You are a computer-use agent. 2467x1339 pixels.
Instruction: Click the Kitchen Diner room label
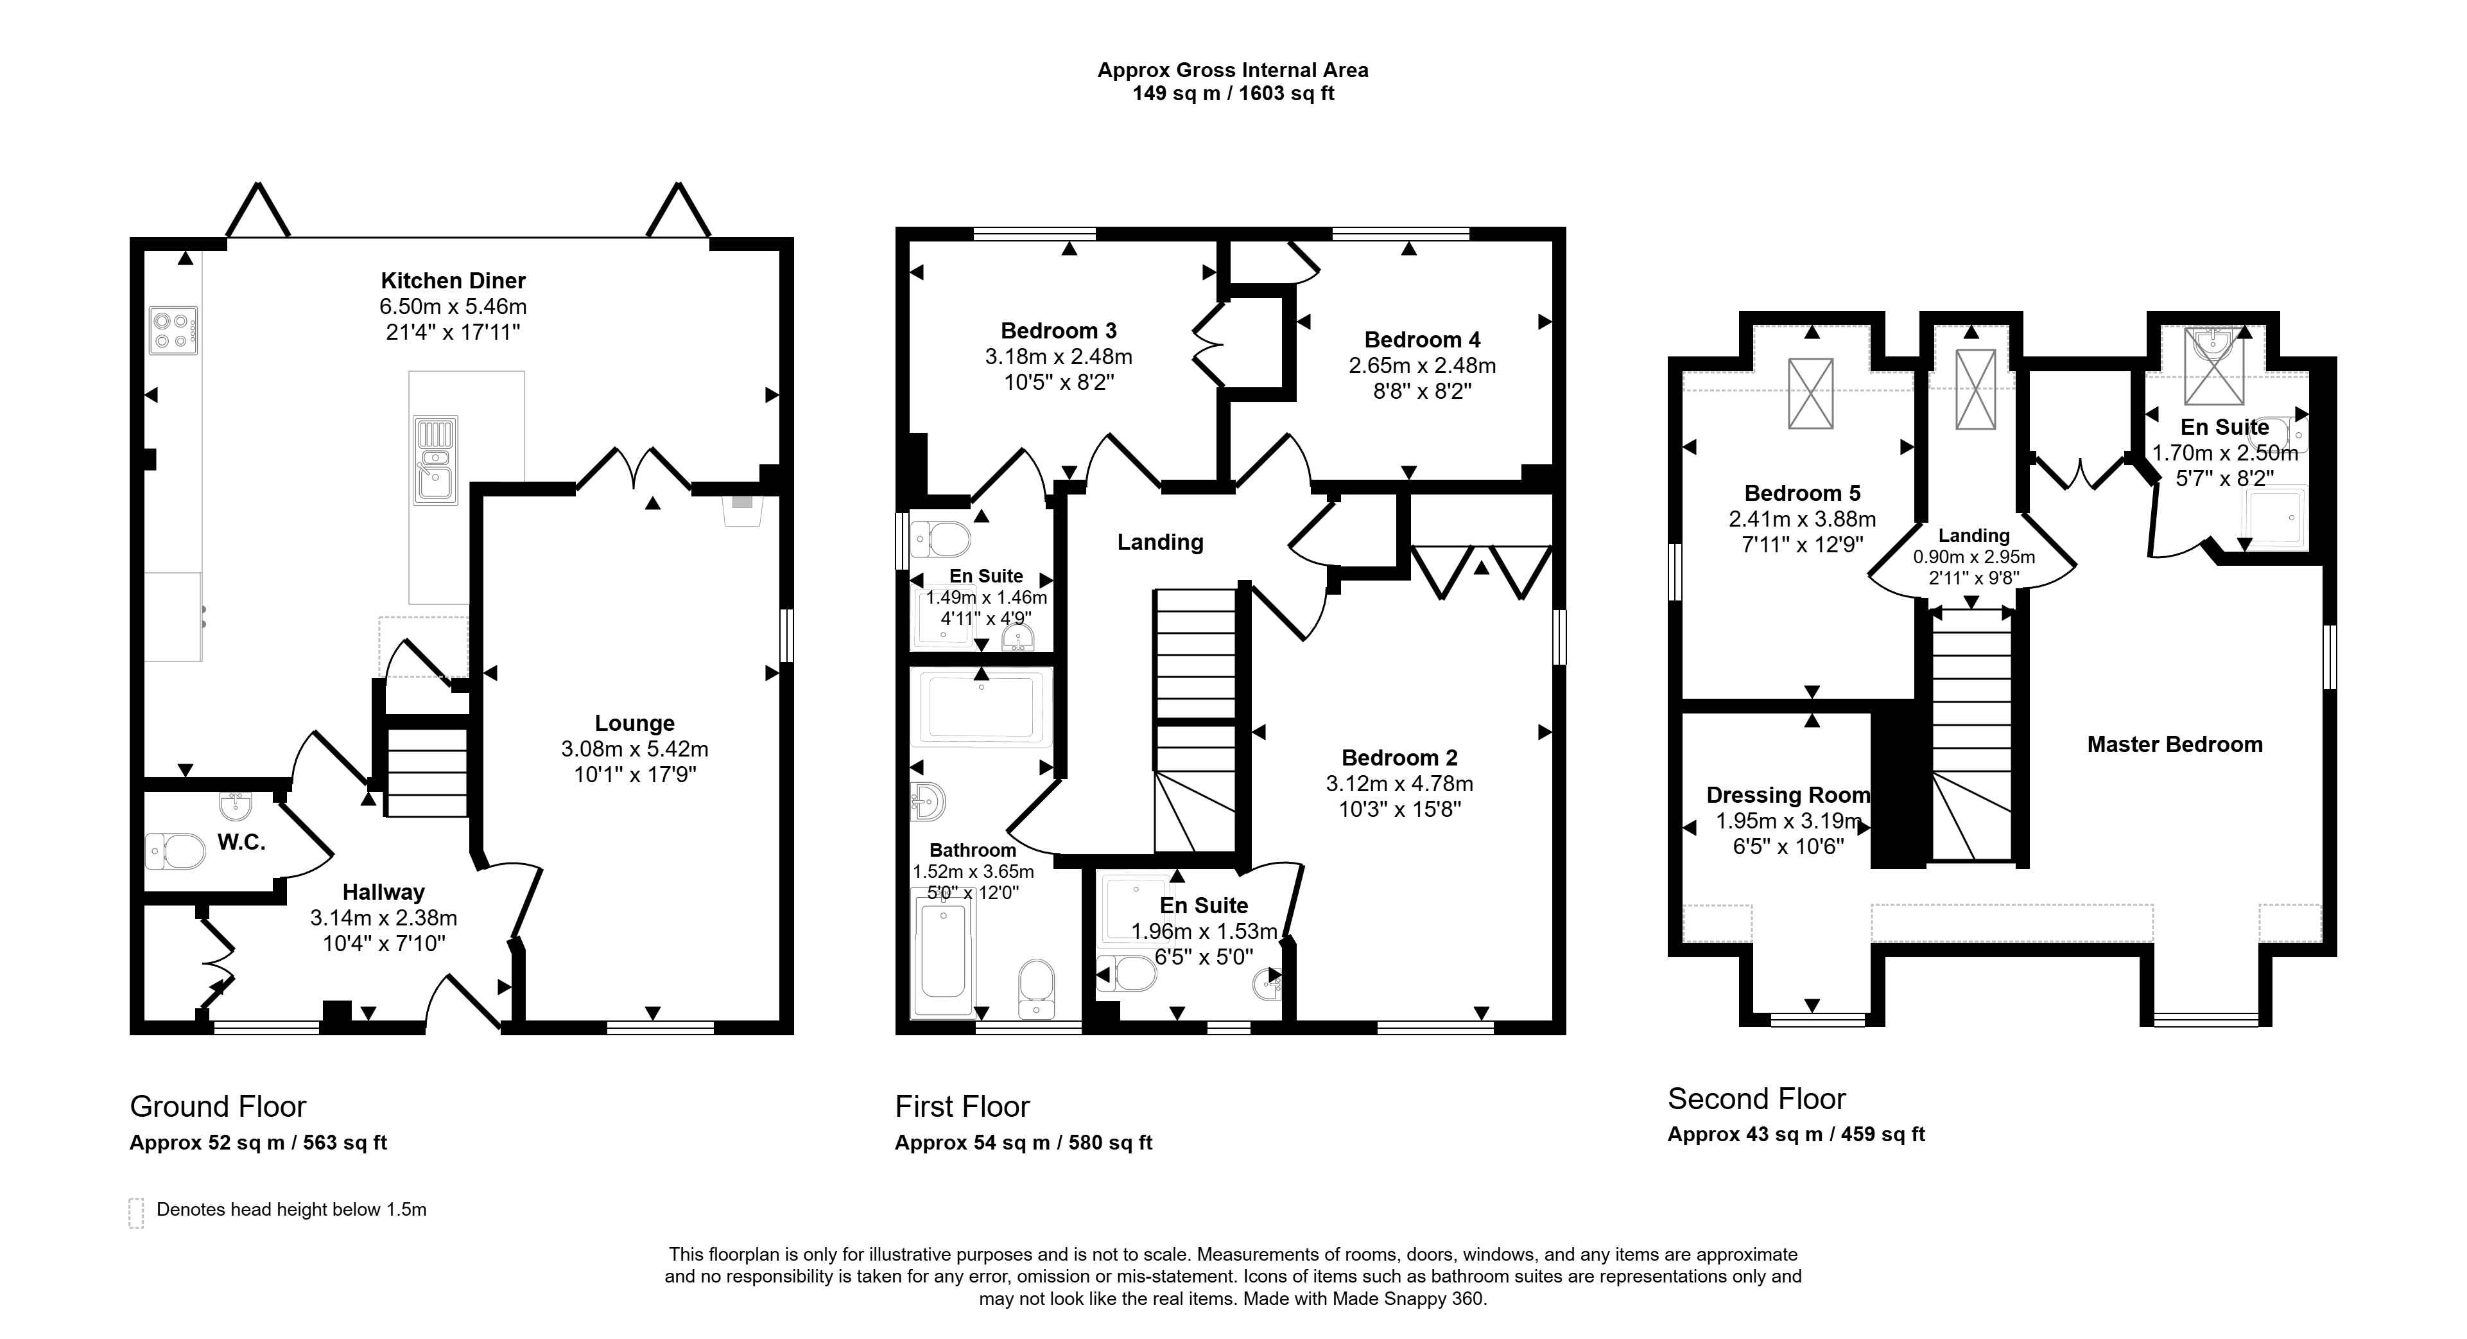tap(453, 281)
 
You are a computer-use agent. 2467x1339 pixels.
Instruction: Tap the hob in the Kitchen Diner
tap(173, 331)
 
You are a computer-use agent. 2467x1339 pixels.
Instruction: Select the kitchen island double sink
tap(436, 460)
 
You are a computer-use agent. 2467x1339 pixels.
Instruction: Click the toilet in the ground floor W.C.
tap(175, 850)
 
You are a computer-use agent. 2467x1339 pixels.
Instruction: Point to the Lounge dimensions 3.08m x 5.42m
tap(635, 749)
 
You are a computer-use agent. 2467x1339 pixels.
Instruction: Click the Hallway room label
tap(383, 892)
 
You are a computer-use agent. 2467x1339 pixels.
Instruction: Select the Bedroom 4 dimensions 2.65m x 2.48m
tap(1422, 365)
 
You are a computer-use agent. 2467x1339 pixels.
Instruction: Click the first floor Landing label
tap(1160, 542)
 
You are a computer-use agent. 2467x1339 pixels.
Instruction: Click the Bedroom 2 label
tap(1399, 758)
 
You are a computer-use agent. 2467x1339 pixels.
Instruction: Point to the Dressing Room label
tap(1788, 795)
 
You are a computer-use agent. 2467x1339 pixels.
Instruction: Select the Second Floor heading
tap(1756, 1099)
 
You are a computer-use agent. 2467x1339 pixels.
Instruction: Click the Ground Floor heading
tap(218, 1107)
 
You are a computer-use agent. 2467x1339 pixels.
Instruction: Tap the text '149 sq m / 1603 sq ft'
tap(1234, 93)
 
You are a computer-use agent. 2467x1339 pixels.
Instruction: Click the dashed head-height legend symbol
tap(136, 1212)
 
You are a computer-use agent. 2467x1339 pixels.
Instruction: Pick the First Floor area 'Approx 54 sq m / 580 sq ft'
tap(1024, 1142)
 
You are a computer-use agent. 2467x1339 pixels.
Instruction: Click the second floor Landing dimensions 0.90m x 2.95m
tap(1974, 557)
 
